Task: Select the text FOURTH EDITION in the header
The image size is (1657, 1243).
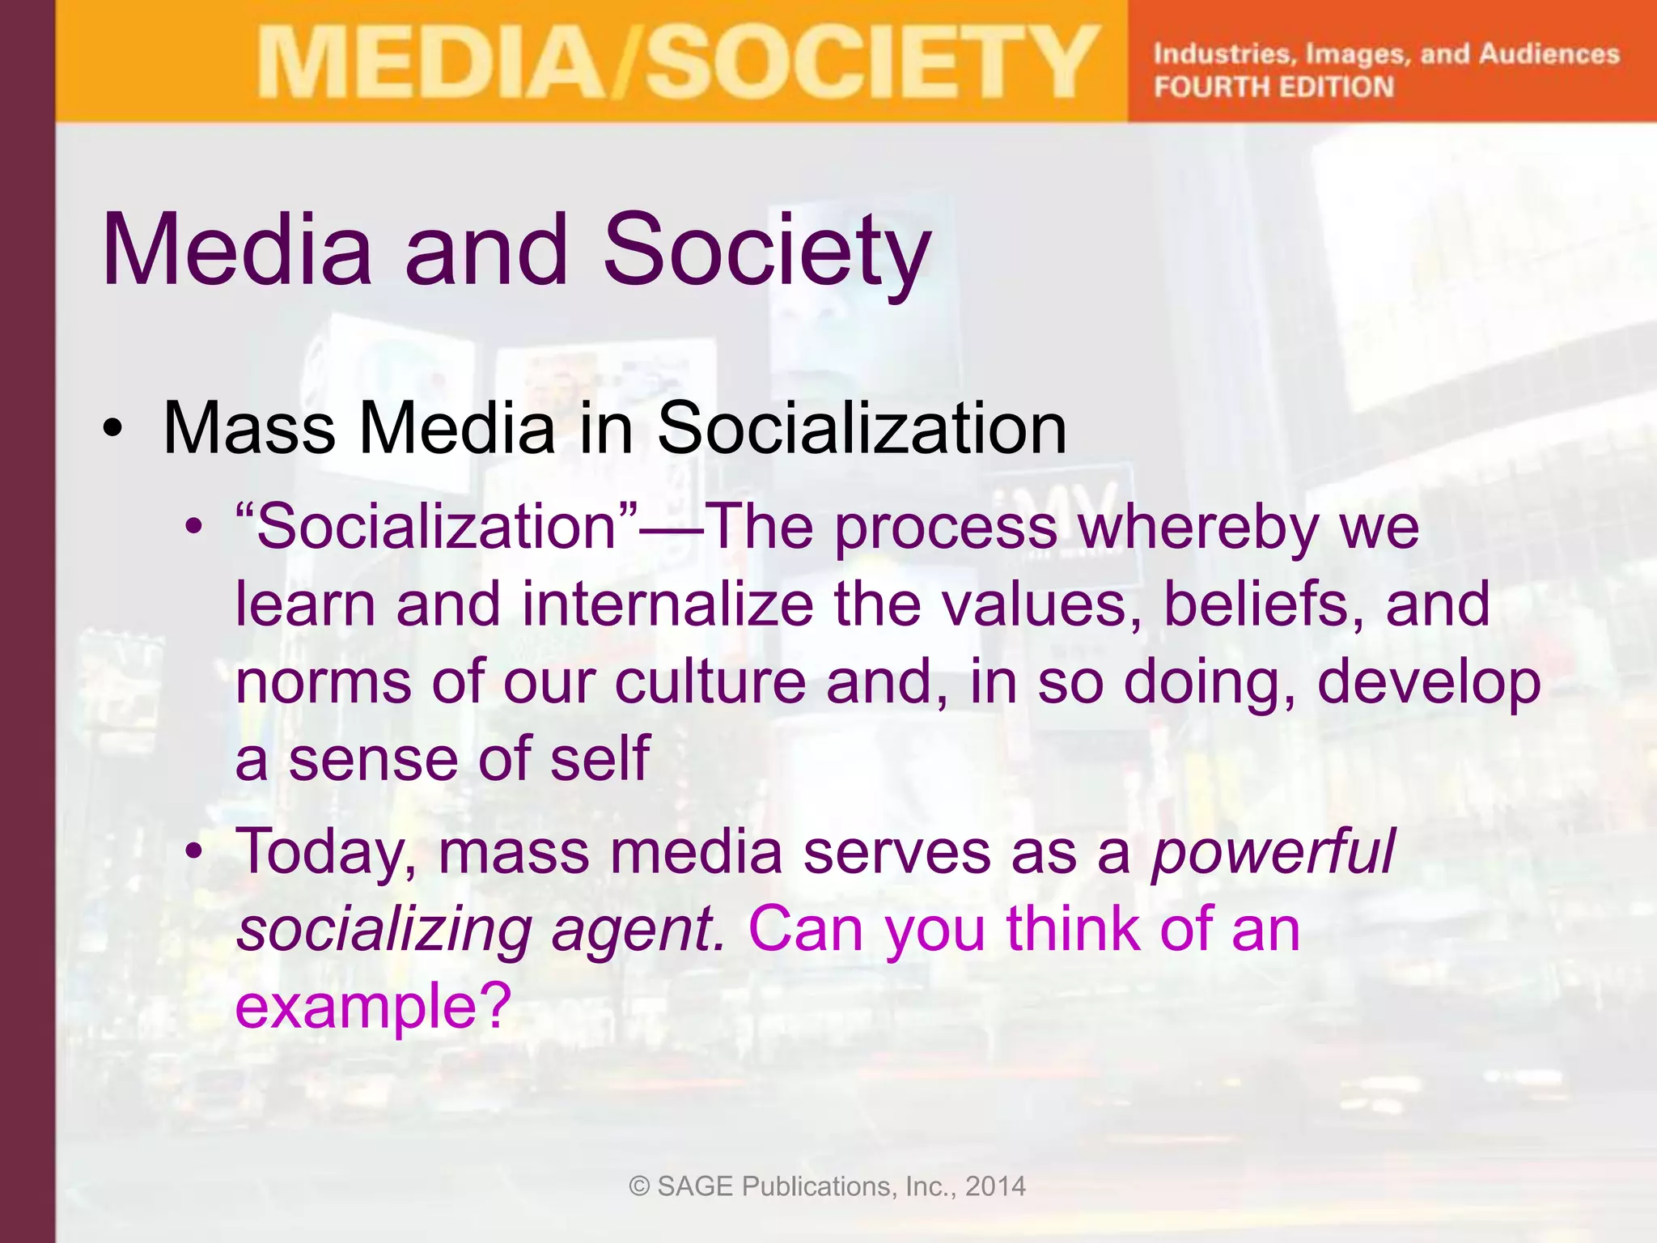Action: [x=1273, y=87]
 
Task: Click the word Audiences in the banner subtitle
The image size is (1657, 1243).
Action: [x=1549, y=53]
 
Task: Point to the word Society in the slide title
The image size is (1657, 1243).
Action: [x=766, y=250]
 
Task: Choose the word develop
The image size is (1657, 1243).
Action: [x=1429, y=681]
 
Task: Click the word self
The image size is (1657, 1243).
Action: [x=600, y=759]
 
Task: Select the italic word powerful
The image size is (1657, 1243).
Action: [x=1273, y=851]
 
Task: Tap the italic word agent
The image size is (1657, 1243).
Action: [x=638, y=929]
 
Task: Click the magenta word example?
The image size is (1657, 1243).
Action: [x=373, y=1006]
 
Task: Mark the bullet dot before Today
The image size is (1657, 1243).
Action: [x=193, y=851]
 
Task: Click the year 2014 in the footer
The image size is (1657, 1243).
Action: [x=995, y=1186]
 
